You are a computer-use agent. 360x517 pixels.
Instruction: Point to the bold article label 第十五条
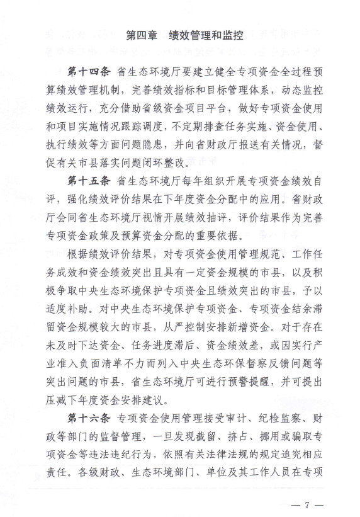[88, 183]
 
